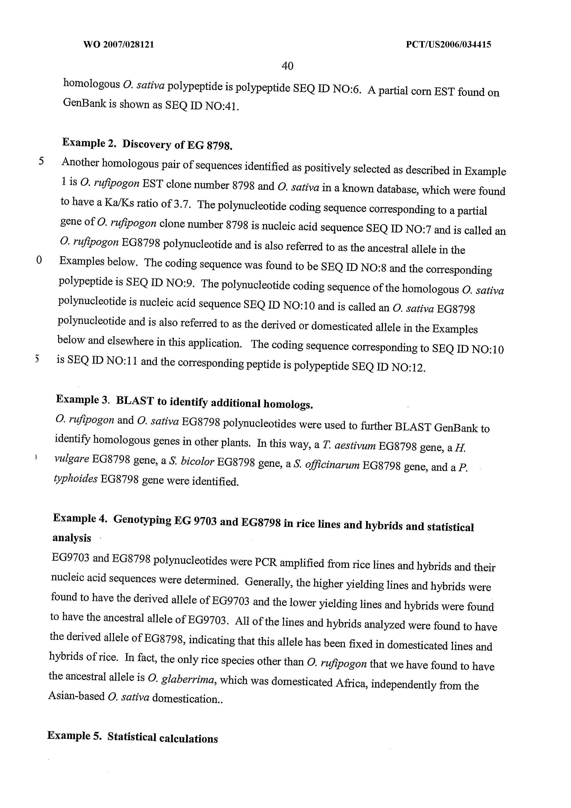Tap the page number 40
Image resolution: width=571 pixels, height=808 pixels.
[288, 66]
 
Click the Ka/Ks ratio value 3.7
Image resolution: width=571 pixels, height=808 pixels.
[182, 204]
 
